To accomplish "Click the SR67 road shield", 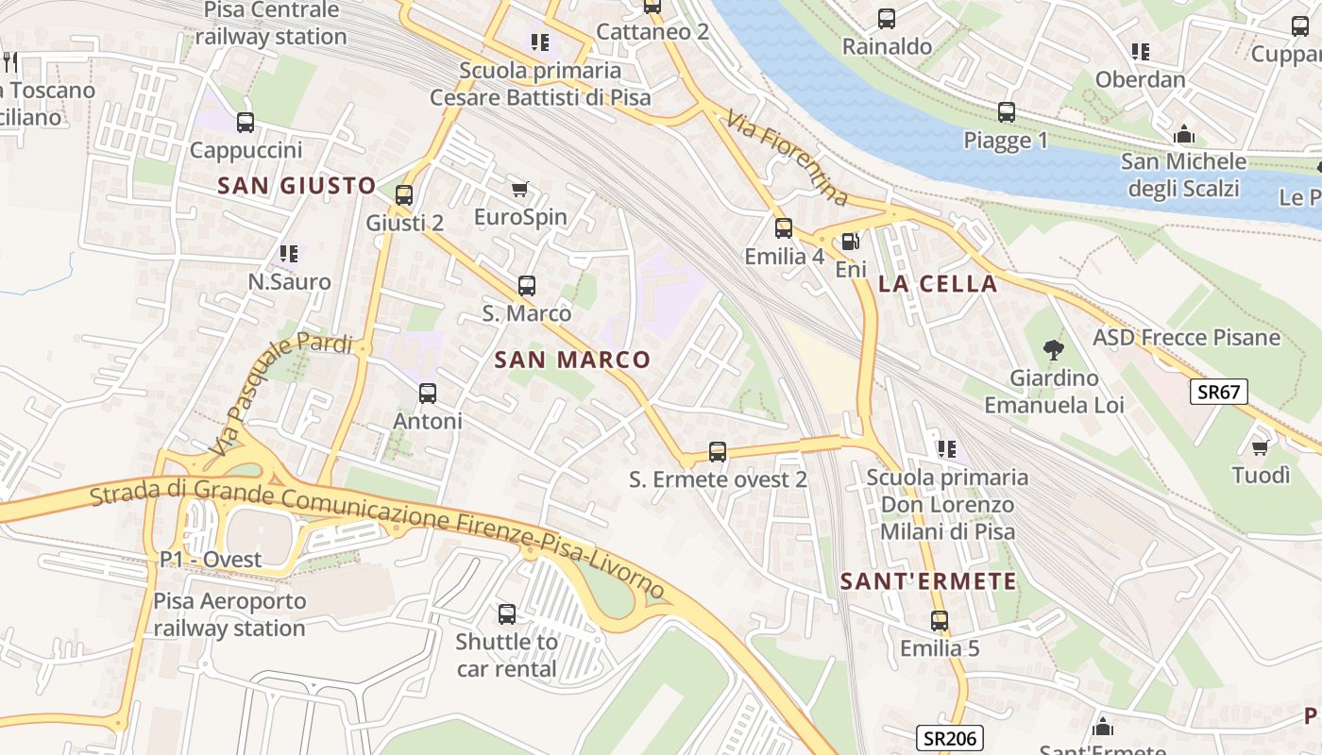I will click(1218, 392).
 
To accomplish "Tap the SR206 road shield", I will click(950, 738).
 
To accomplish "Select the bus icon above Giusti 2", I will click(404, 195).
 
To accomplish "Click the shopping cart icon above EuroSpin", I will click(519, 190).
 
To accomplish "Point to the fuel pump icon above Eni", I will click(850, 242).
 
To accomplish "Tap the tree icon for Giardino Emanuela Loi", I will click(1053, 351).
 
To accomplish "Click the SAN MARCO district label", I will click(572, 360).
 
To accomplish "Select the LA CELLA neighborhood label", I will click(938, 284).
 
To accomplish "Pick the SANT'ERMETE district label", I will click(929, 581).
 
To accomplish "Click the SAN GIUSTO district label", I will click(297, 186).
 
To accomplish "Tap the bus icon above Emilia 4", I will click(784, 228).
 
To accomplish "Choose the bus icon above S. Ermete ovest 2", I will click(718, 452).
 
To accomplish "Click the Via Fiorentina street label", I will click(787, 159).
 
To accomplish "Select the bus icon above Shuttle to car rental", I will click(507, 614).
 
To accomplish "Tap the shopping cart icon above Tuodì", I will click(1260, 447).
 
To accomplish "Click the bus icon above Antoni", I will click(428, 394).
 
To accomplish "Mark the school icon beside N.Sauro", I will click(289, 254).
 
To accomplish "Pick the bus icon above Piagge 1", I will click(1007, 113).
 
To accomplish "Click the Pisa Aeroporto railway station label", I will click(229, 614).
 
